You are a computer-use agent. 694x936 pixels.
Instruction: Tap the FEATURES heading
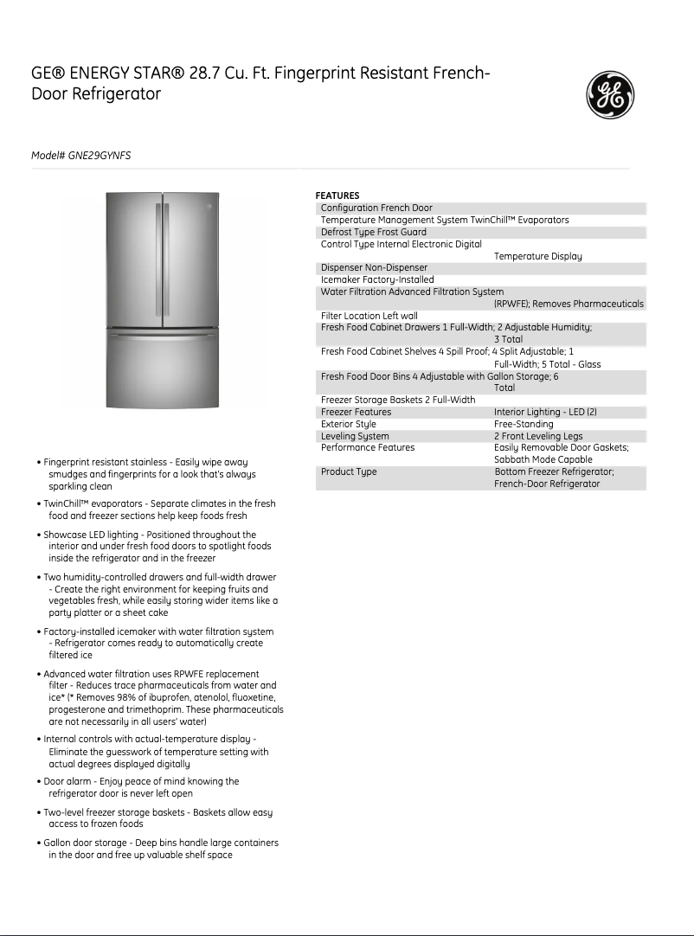(337, 196)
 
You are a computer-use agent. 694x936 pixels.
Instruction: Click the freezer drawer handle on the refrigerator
(163, 332)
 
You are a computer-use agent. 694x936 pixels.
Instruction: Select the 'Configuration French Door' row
(376, 208)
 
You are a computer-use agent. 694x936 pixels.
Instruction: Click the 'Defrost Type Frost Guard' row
(373, 233)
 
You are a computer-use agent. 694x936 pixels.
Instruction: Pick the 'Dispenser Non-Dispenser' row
(374, 268)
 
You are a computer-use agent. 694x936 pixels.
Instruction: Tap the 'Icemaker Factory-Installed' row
(377, 280)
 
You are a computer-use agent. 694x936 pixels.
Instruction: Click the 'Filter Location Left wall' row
(369, 317)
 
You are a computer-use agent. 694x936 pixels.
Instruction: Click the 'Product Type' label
(349, 472)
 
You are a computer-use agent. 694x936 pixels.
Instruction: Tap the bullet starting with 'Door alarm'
(141, 782)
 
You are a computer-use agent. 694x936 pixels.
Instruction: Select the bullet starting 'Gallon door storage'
(160, 843)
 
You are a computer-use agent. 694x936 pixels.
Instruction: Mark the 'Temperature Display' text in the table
(537, 257)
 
